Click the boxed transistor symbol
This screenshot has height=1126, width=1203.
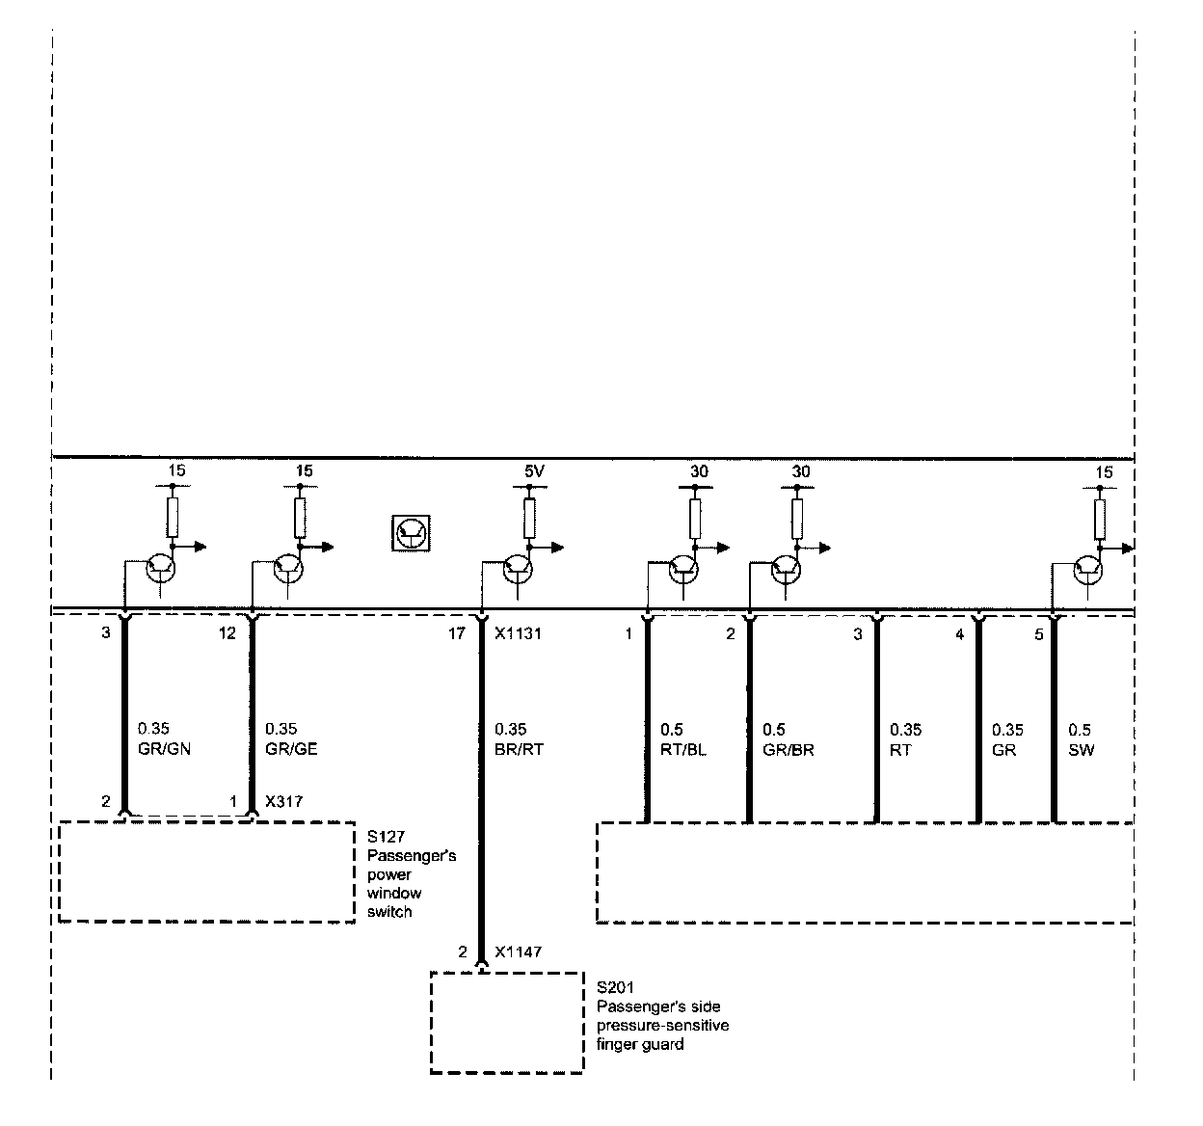(x=412, y=532)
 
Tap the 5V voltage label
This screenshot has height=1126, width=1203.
(x=535, y=472)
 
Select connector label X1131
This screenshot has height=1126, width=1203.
(x=518, y=634)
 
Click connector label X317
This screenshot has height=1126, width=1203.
(x=284, y=801)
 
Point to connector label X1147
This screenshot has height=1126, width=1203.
(x=518, y=952)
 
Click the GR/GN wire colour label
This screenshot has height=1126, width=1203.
(x=164, y=749)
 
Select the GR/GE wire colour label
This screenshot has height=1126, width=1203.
(x=291, y=749)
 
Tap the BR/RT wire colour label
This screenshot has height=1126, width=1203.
(x=519, y=749)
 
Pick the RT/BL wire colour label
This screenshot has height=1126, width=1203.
(x=682, y=750)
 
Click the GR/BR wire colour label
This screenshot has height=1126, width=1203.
(x=788, y=750)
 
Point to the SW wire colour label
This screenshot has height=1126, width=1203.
(x=1082, y=750)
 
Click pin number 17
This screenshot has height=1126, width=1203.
(x=457, y=634)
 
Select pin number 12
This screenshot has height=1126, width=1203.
(x=227, y=634)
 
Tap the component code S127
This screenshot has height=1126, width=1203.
(x=385, y=838)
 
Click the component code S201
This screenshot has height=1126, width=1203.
(x=615, y=988)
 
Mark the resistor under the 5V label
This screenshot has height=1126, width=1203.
(x=529, y=518)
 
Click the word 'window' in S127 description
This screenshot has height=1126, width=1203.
(x=393, y=894)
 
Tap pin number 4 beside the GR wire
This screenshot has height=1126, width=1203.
(x=959, y=634)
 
